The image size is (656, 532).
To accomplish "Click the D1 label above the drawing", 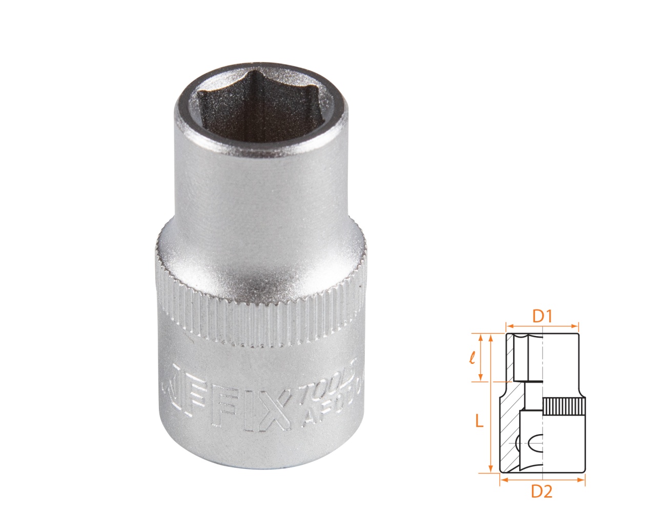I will point(542,317).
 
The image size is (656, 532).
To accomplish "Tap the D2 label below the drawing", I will point(542,492).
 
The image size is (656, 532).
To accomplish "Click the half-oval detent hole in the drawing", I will point(535,441).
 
